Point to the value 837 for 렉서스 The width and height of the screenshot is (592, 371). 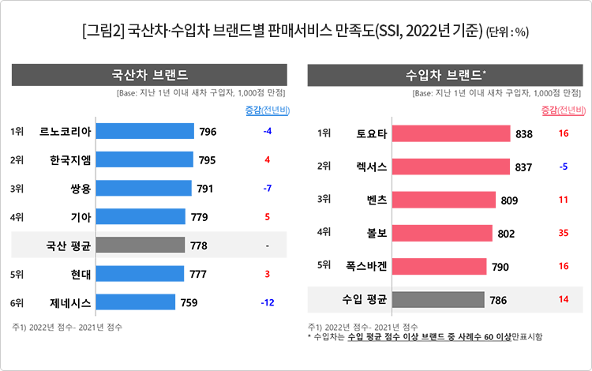pos(524,167)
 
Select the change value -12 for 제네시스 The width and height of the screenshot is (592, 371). pos(268,302)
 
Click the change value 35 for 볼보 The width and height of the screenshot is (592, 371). pos(563,233)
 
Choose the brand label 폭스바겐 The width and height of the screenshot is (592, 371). pos(366,266)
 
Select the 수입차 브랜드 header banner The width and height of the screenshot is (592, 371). pos(446,76)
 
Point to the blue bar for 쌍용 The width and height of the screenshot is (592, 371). pos(147,188)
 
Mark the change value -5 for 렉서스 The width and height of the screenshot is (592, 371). pos(563,167)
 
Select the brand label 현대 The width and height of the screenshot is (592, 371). pos(82,274)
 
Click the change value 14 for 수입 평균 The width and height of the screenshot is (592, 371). pos(563,299)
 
